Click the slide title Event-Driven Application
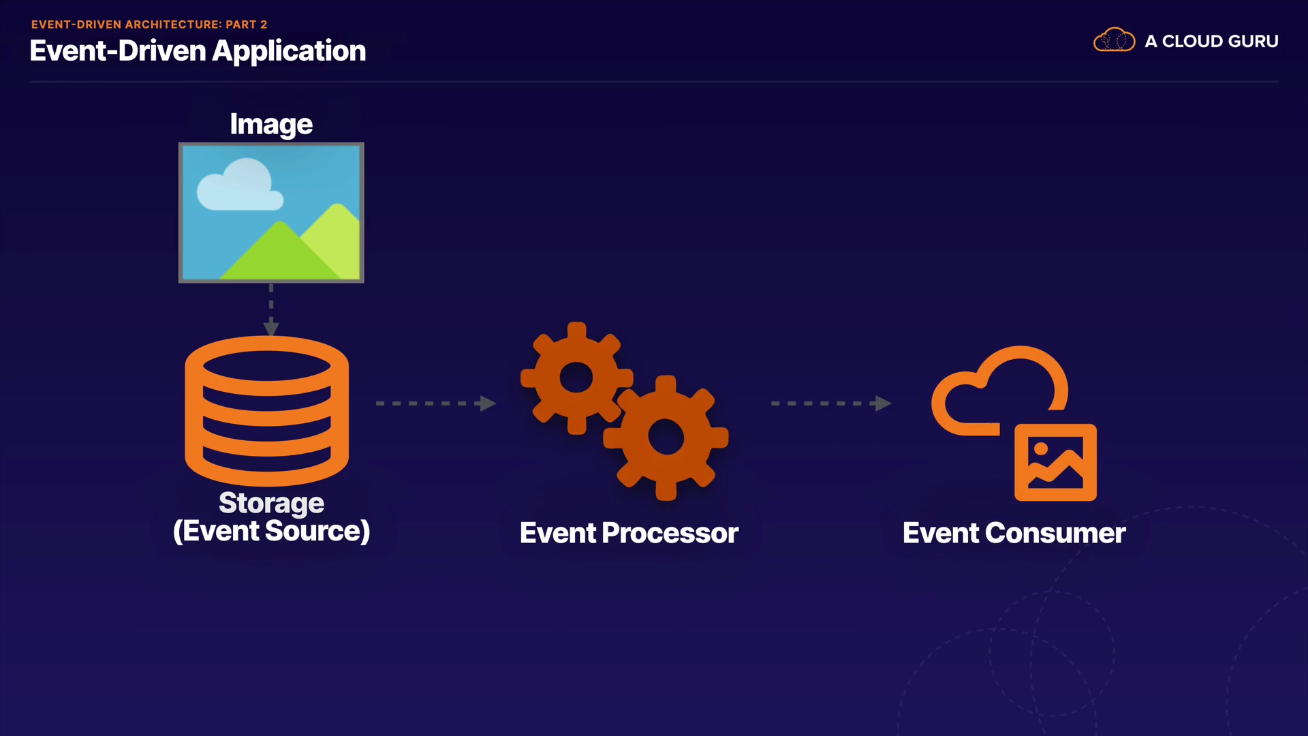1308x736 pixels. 198,51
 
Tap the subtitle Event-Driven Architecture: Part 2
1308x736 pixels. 149,25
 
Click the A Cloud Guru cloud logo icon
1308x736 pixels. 1114,40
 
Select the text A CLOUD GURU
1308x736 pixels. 1211,42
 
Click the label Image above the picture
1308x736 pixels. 271,124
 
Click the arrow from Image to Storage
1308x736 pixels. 271,310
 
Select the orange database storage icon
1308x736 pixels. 266,411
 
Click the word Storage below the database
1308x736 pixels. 271,503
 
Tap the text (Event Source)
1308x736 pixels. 271,532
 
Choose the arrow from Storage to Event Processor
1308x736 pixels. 436,403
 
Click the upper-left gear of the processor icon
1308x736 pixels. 576,378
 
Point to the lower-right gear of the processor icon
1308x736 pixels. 666,438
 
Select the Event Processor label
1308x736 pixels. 629,533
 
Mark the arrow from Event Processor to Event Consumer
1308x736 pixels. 831,403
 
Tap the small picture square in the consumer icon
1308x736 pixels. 1055,463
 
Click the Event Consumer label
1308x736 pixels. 1014,533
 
